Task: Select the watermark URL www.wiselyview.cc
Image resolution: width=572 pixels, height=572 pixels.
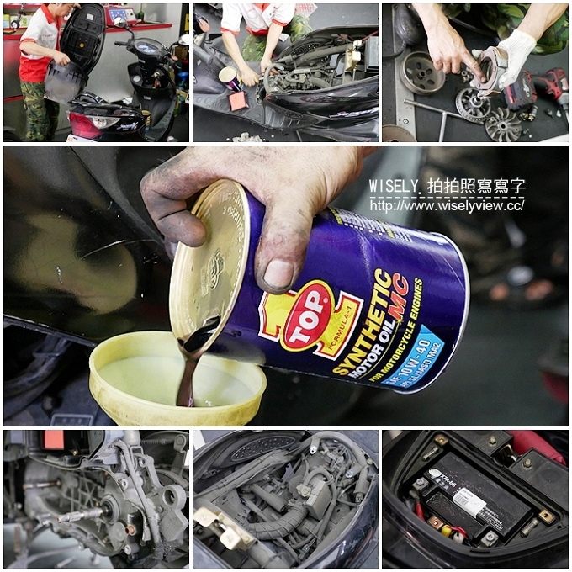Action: [x=447, y=205]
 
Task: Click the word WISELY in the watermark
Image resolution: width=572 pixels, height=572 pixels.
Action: [x=393, y=186]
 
